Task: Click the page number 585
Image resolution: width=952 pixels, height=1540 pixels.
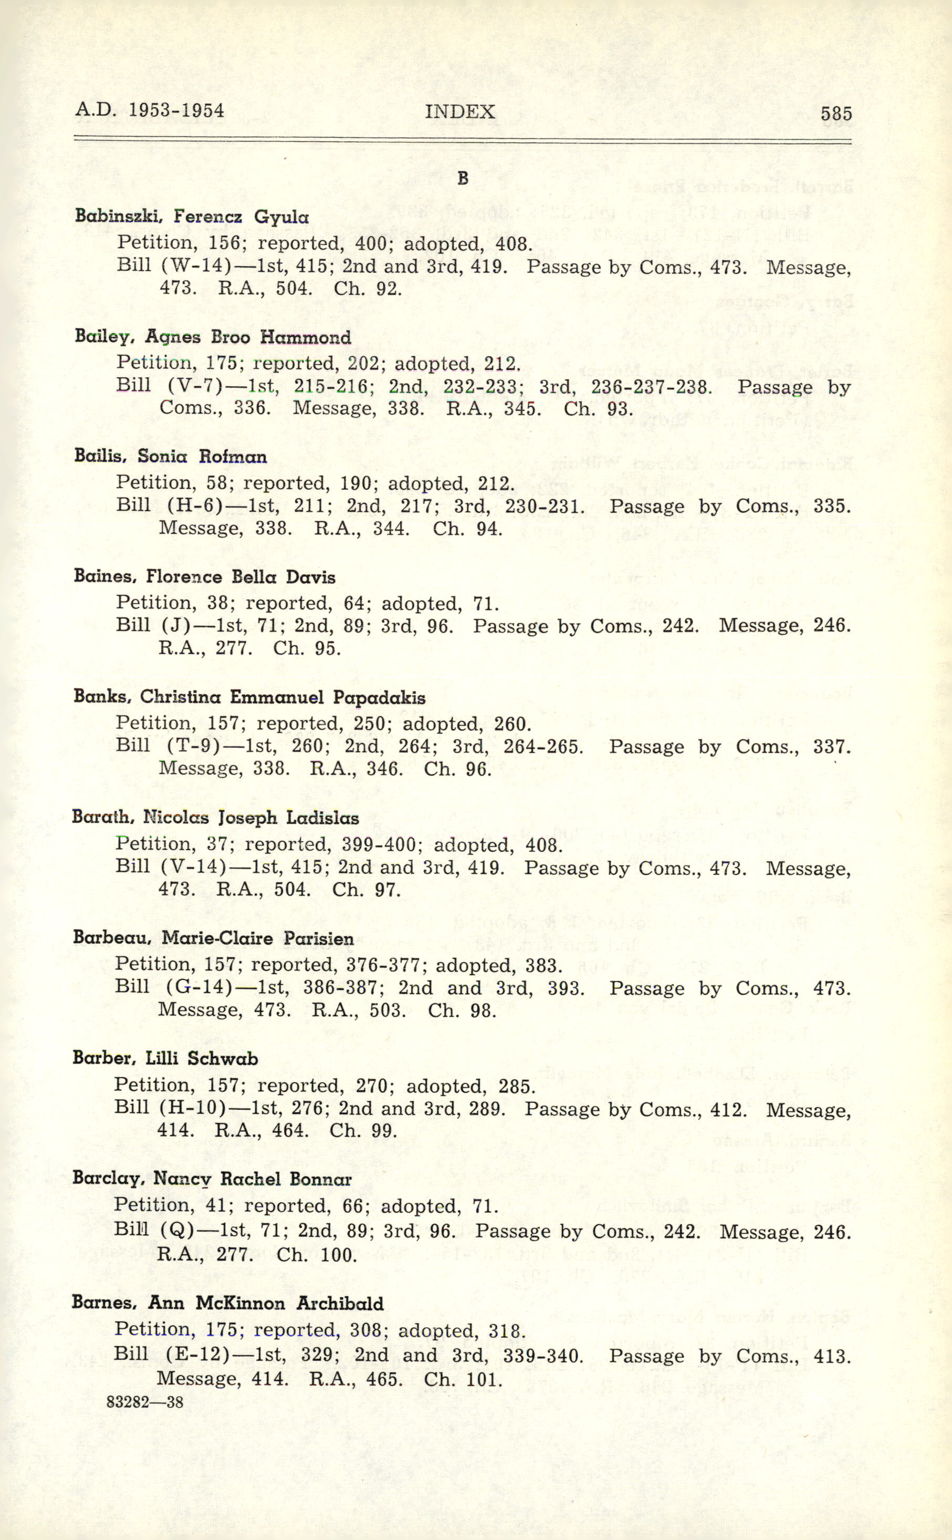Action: [x=835, y=113]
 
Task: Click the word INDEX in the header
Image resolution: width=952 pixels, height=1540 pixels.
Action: [x=459, y=112]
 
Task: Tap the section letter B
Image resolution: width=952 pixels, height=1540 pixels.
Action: [x=463, y=179]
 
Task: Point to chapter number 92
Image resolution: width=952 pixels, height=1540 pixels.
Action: [x=386, y=289]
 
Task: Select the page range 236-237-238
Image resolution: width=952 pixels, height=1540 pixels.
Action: [x=652, y=387]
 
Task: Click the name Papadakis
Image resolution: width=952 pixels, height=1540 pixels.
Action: [x=379, y=697]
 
